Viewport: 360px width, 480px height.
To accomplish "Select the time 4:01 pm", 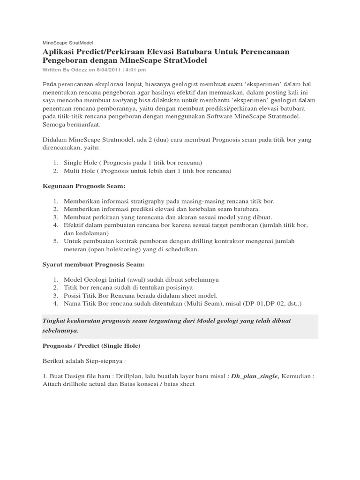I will (x=136, y=70).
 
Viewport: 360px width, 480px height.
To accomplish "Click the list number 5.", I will (x=55, y=241).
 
